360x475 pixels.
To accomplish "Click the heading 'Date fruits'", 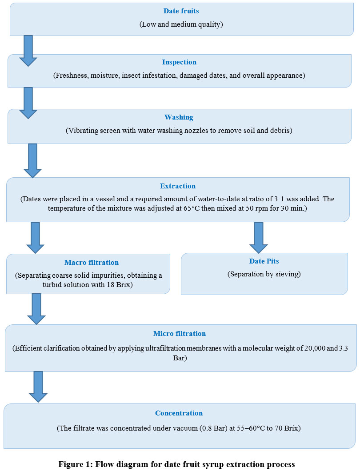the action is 181,11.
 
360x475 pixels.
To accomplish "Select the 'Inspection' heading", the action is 179,62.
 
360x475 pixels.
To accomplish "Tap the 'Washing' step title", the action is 179,117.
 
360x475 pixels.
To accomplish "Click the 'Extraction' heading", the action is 178,186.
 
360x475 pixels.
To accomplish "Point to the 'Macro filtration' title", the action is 92,262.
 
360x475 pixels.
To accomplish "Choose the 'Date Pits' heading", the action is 264,261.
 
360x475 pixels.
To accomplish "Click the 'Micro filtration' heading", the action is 180,334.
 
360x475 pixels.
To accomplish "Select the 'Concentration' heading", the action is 179,413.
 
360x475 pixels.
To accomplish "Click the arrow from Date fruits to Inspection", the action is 28,51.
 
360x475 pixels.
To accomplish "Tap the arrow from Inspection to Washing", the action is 28,103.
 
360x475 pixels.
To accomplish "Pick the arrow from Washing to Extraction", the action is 32,160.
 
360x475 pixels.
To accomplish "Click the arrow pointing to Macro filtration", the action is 35,238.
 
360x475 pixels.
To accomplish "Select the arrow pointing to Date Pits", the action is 259,238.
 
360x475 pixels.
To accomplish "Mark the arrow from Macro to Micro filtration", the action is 36,309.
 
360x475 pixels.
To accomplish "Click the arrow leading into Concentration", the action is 38,387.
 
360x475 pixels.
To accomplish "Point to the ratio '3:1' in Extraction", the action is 279,199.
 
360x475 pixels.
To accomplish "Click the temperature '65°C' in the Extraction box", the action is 192,208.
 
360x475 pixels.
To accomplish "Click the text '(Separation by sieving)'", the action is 264,274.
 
